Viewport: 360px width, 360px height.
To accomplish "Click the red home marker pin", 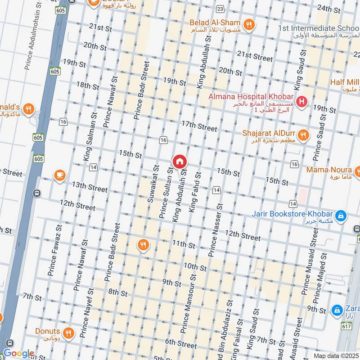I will [x=179, y=161].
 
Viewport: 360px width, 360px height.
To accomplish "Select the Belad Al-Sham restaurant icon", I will [x=247, y=24].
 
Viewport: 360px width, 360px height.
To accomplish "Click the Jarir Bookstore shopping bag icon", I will [x=342, y=216].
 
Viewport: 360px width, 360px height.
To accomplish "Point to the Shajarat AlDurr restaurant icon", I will [x=303, y=134].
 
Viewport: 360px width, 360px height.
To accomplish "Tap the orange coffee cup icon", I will [x=59, y=175].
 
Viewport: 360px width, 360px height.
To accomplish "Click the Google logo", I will [x=18, y=353].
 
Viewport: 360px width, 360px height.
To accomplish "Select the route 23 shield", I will [x=220, y=9].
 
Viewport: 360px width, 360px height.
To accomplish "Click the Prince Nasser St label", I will [x=215, y=229].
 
